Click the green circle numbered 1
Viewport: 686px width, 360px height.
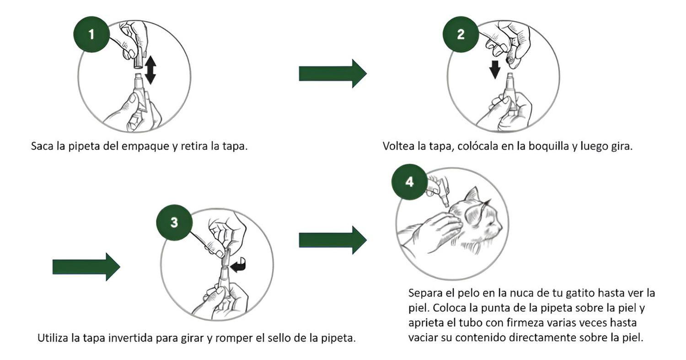pyautogui.click(x=91, y=34)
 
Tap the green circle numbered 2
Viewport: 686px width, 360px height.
pyautogui.click(x=461, y=34)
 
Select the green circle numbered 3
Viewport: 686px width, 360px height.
pyautogui.click(x=174, y=222)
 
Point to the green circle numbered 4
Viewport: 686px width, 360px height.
pyautogui.click(x=409, y=182)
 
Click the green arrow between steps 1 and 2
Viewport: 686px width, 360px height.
pyautogui.click(x=332, y=74)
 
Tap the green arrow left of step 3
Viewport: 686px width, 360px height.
pyautogui.click(x=86, y=267)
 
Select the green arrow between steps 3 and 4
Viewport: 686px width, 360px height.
pyautogui.click(x=332, y=240)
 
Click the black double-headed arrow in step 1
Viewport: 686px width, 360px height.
pyautogui.click(x=150, y=70)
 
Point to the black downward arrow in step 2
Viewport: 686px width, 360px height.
pyautogui.click(x=494, y=70)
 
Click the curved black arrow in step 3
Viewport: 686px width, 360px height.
pyautogui.click(x=239, y=265)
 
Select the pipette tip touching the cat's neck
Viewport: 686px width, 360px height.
pyautogui.click(x=445, y=204)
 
